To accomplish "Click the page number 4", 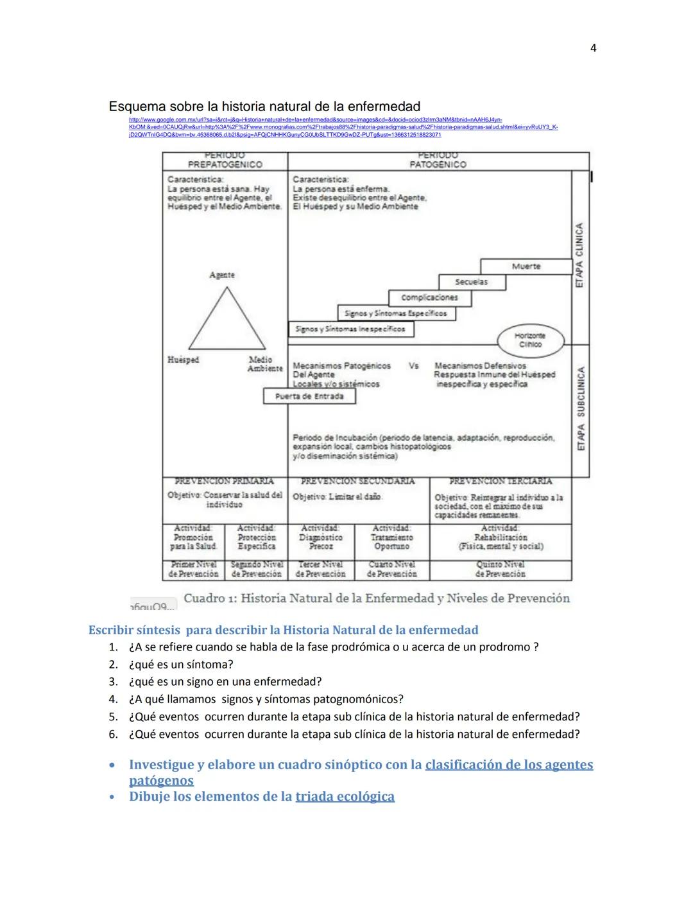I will click(593, 48).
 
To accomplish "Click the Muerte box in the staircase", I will click(526, 266).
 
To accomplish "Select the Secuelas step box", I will click(472, 282).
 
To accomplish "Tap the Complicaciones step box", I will click(429, 297).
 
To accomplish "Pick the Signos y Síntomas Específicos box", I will click(396, 313).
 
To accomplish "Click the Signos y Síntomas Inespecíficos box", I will click(350, 329).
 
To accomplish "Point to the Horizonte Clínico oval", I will click(530, 340).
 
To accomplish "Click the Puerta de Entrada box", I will click(309, 396).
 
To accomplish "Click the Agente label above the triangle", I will click(222, 275).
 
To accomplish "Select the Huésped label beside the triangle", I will click(183, 360).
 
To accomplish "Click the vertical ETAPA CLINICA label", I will click(580, 255).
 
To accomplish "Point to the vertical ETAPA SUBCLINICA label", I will click(580, 409).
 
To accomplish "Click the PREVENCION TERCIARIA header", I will click(500, 481).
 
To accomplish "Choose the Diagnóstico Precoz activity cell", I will click(321, 537).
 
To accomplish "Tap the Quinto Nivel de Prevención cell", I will click(500, 569).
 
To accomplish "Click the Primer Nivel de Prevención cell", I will click(194, 569).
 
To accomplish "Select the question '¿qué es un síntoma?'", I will click(181, 665).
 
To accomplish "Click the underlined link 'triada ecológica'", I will click(345, 797).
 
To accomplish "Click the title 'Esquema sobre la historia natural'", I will click(264, 107).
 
